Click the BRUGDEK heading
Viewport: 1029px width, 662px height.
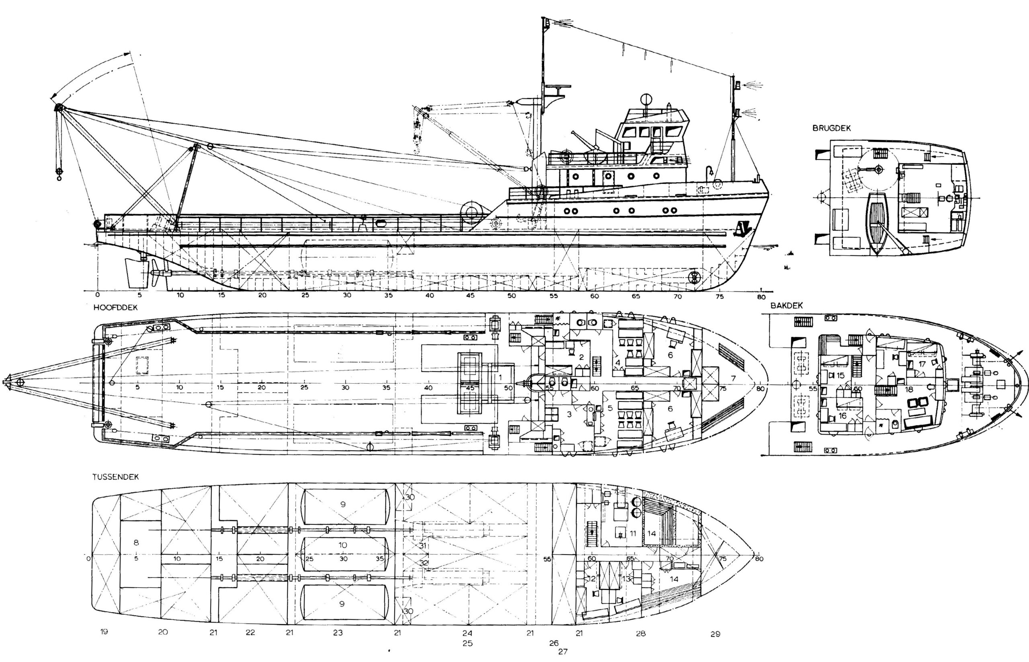coord(831,128)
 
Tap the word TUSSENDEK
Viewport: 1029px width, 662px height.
coord(116,477)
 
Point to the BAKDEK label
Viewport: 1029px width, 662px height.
coord(786,306)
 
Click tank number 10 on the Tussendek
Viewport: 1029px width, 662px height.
coord(342,545)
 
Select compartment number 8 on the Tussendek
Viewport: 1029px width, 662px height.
coord(136,543)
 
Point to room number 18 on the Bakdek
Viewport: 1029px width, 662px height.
coord(909,389)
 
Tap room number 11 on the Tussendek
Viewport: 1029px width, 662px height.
coord(632,533)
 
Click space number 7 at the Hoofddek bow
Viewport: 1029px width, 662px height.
coord(734,378)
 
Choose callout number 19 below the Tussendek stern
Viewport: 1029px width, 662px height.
coord(104,631)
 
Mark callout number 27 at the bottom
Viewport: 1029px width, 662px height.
coord(562,651)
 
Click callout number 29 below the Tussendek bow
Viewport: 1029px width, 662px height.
coord(715,633)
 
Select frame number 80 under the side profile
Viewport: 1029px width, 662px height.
coord(761,296)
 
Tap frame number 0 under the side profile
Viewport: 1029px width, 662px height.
coord(98,295)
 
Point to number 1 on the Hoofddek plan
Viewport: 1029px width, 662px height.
coord(500,377)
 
